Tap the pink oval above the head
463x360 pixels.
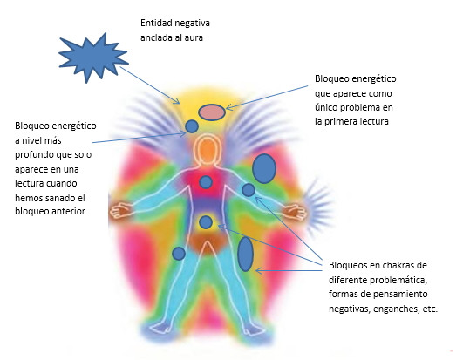[x=212, y=112]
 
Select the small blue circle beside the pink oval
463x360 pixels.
[x=192, y=126]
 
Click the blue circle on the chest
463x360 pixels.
[x=206, y=182]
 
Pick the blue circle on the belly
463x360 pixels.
[x=206, y=222]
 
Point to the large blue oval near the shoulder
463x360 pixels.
[x=264, y=168]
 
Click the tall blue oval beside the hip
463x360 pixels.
[x=245, y=254]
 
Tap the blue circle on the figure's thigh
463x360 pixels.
[x=179, y=254]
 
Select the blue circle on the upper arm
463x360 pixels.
[x=249, y=190]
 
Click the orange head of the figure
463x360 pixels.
[x=208, y=150]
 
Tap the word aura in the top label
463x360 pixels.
[x=194, y=38]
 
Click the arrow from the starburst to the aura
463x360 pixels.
[x=150, y=85]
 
